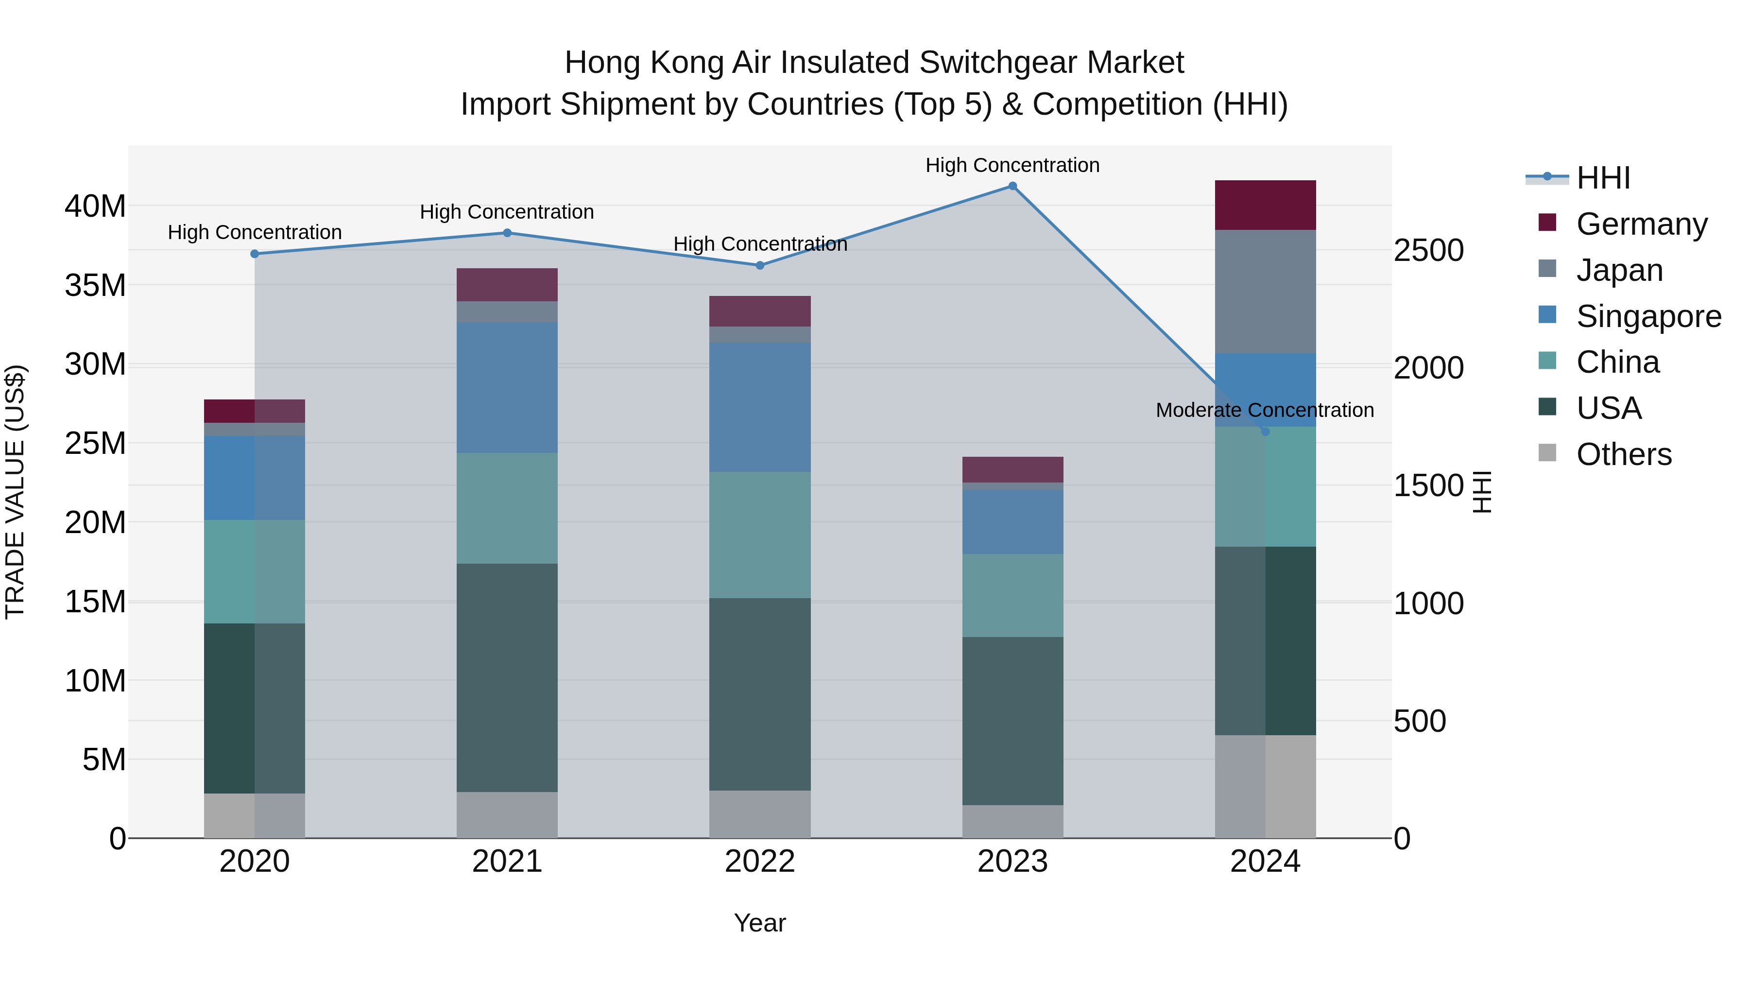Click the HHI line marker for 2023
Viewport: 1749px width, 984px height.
click(1012, 186)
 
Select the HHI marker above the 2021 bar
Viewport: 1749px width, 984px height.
click(507, 233)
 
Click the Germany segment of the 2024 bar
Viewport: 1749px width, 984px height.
click(1265, 205)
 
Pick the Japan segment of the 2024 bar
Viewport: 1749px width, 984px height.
click(1265, 292)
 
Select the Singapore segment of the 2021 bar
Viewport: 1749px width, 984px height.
click(507, 387)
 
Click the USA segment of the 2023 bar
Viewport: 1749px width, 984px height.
click(1012, 721)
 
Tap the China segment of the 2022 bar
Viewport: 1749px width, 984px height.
click(760, 535)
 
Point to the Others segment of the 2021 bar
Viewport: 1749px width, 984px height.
click(507, 814)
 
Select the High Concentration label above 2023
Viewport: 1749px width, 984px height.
click(1012, 165)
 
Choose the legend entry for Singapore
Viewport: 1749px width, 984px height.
click(1648, 316)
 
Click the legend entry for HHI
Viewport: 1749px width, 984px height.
click(1602, 178)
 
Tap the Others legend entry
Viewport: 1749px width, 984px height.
click(1623, 454)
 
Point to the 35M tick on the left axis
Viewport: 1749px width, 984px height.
click(95, 285)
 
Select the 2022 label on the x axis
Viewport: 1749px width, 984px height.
click(760, 862)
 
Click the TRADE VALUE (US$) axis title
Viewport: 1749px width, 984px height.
click(15, 492)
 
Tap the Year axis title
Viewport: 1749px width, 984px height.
click(760, 923)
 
